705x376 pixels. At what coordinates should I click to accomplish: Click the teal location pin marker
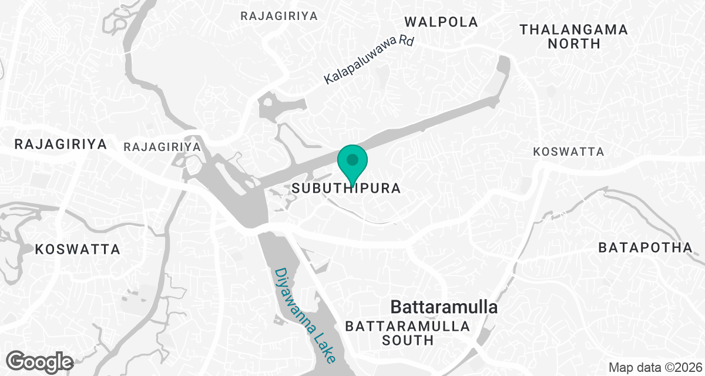[x=352, y=164]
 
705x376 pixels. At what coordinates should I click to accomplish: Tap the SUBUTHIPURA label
[x=346, y=189]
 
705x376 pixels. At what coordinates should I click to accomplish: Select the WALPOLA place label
[x=441, y=22]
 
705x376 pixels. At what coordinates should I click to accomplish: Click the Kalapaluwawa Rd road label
[x=369, y=61]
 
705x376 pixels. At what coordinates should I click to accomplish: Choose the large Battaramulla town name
[x=444, y=307]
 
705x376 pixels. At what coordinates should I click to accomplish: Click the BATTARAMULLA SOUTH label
[x=408, y=333]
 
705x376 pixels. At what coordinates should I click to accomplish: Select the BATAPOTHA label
[x=645, y=248]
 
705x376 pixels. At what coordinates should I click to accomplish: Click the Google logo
[x=41, y=360]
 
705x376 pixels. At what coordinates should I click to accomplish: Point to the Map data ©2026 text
[x=654, y=368]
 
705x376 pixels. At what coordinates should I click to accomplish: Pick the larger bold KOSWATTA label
[x=78, y=249]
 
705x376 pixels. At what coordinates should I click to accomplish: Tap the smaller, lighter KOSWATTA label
[x=568, y=152]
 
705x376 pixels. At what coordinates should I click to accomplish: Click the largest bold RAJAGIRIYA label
[x=61, y=145]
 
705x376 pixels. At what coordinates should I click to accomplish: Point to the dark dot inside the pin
[x=352, y=159]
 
